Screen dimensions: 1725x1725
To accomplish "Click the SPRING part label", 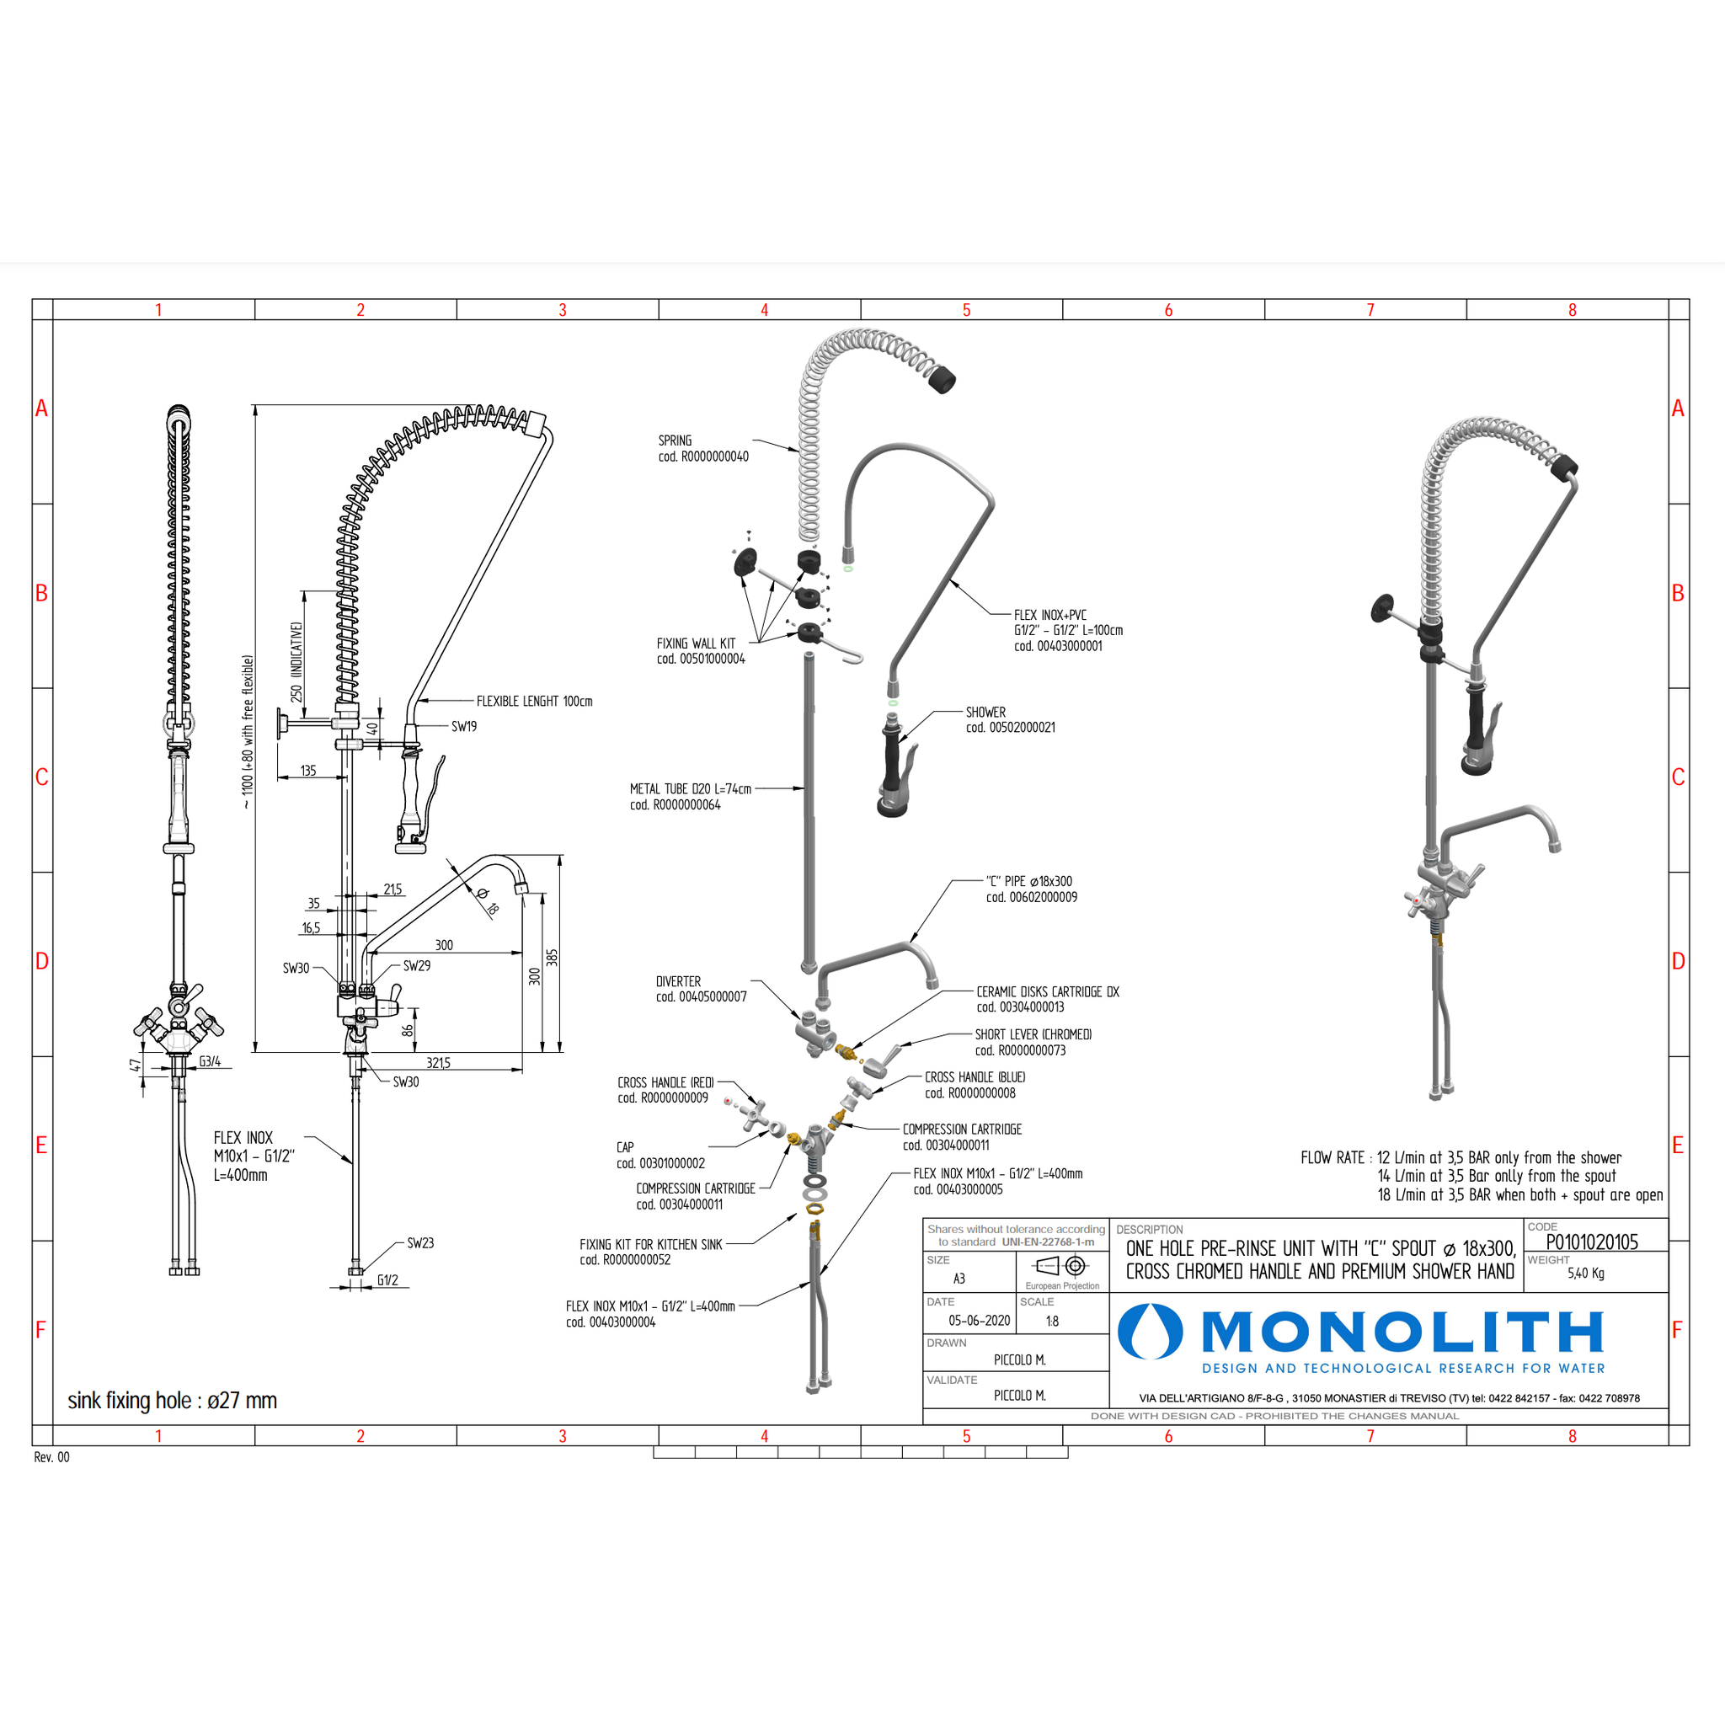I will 675,441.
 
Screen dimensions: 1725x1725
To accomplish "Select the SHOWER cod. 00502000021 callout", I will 1010,719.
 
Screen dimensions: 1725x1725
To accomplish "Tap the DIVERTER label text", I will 679,981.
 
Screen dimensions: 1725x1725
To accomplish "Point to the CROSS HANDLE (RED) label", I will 665,1082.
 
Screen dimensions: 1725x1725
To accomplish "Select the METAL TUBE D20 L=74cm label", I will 690,789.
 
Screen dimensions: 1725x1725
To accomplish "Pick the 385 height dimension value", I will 552,957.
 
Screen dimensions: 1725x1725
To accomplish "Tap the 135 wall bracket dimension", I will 308,771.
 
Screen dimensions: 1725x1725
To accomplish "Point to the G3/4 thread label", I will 210,1061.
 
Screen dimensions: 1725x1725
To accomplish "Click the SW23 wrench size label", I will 420,1243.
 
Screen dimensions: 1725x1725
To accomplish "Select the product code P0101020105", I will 1592,1242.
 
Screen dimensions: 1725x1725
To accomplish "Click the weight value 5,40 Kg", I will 1586,1274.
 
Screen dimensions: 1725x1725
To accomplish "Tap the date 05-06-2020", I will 980,1321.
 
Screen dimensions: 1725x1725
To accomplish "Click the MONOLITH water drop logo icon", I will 1150,1332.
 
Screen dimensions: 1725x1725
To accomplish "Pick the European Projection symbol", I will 1061,1266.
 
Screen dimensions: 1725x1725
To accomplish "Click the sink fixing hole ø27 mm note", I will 173,1400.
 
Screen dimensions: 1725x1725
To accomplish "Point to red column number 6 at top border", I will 1168,310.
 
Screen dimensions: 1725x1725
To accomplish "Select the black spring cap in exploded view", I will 941,380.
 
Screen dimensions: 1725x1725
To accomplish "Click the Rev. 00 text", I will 51,1457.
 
